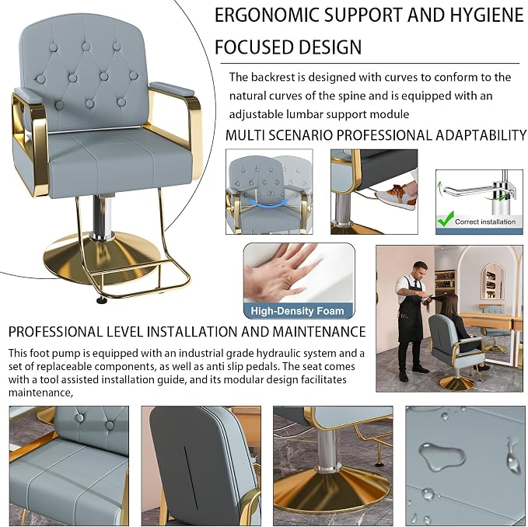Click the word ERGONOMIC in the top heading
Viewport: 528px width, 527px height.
tap(267, 16)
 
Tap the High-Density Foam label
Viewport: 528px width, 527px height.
tap(297, 311)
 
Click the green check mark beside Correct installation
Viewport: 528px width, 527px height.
tap(445, 218)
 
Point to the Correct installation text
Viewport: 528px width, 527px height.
tap(485, 222)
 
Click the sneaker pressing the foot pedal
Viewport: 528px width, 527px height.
tap(395, 196)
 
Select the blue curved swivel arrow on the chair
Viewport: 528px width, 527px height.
tap(266, 202)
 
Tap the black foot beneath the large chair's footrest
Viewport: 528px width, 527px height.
tap(100, 300)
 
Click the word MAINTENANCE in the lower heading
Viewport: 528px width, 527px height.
tap(319, 332)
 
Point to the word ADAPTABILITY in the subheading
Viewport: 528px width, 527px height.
tap(481, 135)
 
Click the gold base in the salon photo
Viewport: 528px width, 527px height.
tap(456, 383)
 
